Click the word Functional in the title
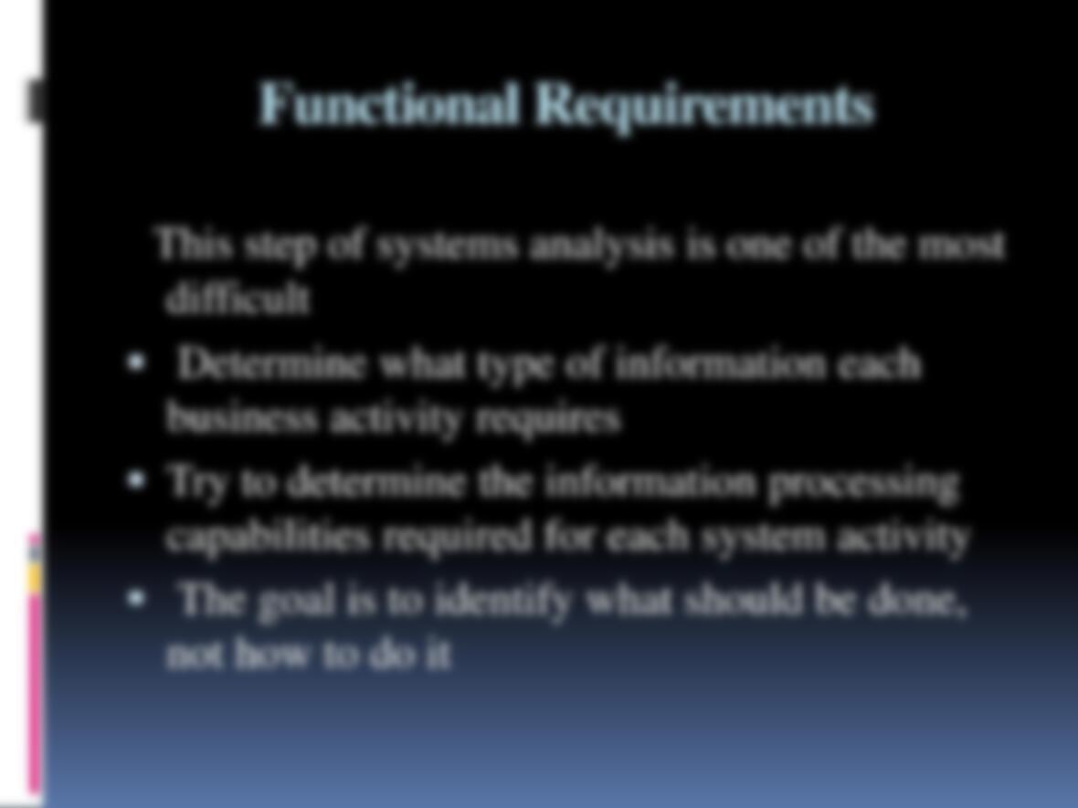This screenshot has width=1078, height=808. pos(388,103)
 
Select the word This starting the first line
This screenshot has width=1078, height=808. pos(193,244)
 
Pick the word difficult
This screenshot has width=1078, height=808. pos(238,298)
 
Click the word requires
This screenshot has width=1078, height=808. pos(549,419)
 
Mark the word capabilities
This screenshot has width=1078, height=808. pos(268,537)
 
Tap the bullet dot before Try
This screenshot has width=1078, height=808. pos(136,480)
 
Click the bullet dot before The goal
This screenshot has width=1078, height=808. pos(136,599)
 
